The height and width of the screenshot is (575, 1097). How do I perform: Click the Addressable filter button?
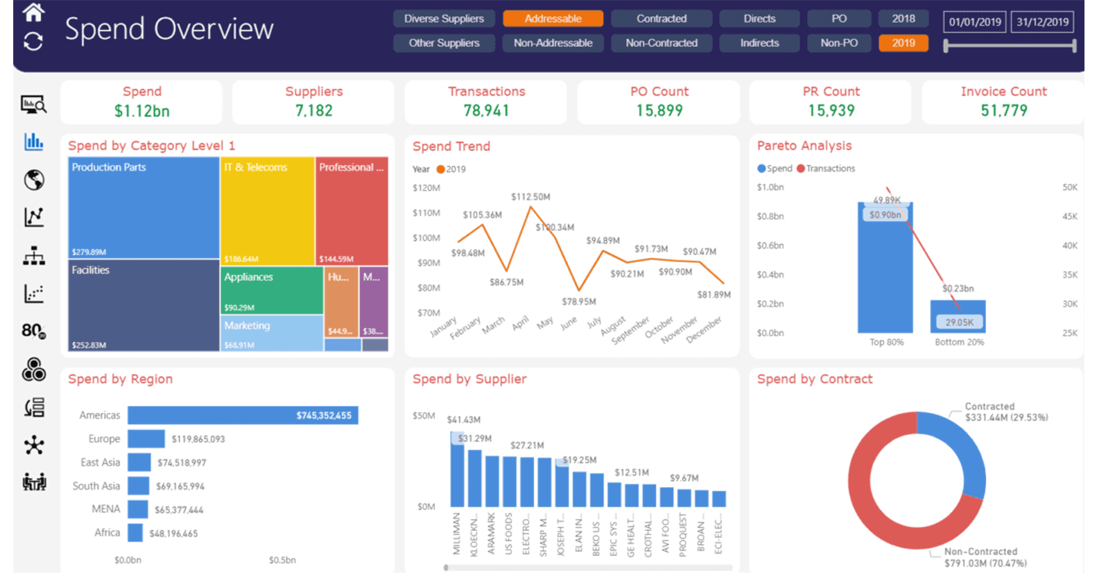[553, 19]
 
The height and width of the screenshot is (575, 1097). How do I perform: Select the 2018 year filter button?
[903, 19]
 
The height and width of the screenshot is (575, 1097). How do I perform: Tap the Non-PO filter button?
[839, 43]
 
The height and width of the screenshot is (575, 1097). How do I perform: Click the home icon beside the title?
[33, 12]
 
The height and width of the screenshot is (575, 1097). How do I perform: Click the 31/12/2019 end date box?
[1042, 22]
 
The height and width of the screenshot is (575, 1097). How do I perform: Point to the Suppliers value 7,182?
[313, 111]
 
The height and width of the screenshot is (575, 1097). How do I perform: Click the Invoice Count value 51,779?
[1003, 111]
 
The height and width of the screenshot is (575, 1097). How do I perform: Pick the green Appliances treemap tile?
[272, 290]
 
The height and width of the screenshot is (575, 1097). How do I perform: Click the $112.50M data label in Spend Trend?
[530, 197]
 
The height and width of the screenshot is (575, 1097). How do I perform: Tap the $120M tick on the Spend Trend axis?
[426, 188]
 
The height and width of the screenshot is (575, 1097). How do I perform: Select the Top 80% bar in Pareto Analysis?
[886, 277]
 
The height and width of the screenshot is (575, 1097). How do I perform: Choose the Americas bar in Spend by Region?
[243, 415]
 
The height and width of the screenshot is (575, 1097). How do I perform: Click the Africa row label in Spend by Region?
[107, 533]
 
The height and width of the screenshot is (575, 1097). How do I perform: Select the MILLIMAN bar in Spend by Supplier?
[457, 472]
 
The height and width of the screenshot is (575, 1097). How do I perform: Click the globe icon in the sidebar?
[34, 180]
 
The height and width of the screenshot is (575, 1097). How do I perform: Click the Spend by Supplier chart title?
[469, 379]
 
